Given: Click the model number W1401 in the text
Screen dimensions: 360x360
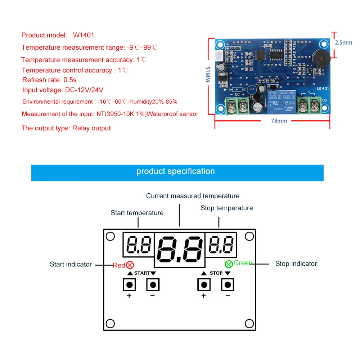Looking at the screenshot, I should coord(84,35).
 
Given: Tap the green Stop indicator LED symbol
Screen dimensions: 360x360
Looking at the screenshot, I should coord(229,264).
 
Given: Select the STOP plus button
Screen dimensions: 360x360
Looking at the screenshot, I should coord(204,285).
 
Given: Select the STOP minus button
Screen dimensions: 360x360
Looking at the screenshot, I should coord(227,285).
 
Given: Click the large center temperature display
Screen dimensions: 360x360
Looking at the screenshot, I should coord(180,249).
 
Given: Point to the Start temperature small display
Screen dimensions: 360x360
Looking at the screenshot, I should coord(138,244).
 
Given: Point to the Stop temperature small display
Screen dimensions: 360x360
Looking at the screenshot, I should coord(221,244).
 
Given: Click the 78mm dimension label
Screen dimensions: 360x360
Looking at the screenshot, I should coord(279,121).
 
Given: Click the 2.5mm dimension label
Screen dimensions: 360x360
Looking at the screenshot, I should coord(343,42).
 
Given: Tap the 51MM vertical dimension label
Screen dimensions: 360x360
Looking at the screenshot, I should coord(208,74).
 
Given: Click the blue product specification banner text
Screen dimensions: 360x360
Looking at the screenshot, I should coord(176,172).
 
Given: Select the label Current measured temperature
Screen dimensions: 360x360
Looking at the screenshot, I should coord(193,196).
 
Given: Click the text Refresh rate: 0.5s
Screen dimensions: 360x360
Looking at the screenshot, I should coord(49,80).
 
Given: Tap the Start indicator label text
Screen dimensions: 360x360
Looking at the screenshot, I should coord(71,265).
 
